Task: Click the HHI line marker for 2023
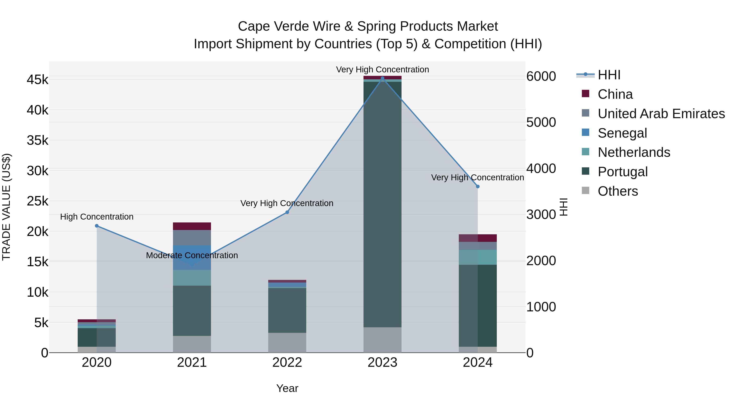click(382, 78)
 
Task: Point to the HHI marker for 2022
click(287, 212)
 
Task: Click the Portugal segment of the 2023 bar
click(382, 204)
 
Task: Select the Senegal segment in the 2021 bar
click(192, 257)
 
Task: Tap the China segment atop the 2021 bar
click(192, 226)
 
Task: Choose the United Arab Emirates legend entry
click(661, 113)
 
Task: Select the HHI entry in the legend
click(609, 75)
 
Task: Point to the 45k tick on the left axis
click(37, 80)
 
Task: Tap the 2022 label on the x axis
click(287, 362)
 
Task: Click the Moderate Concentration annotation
click(192, 255)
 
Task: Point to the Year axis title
click(287, 388)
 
